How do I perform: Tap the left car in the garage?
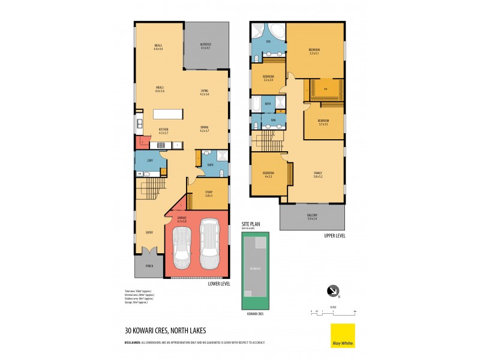(182, 248)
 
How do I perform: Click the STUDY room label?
(208, 193)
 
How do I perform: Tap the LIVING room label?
(205, 92)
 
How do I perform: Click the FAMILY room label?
(317, 174)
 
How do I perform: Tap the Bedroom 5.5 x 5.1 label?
(314, 50)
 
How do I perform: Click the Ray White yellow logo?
(343, 335)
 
